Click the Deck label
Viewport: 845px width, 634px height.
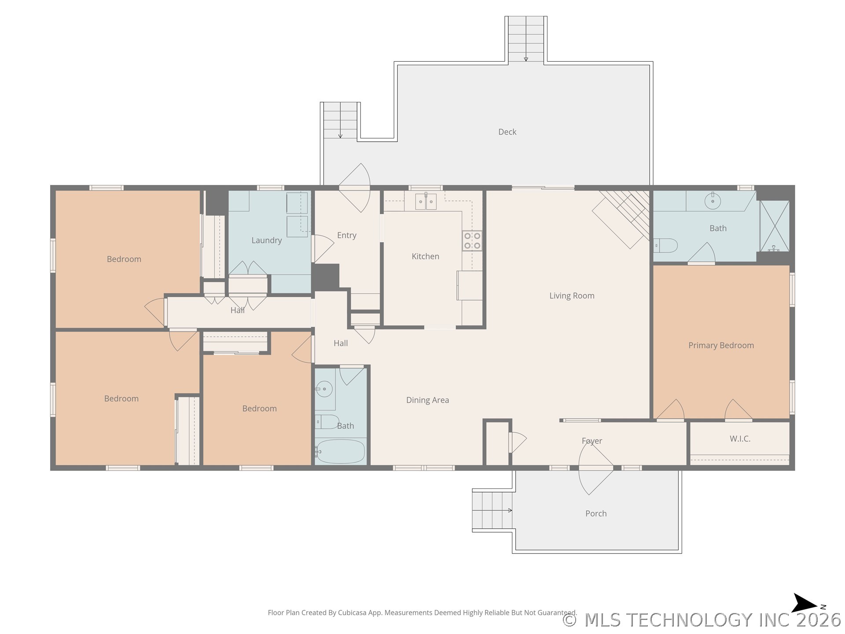pyautogui.click(x=507, y=132)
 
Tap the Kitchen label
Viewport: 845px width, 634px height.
pyautogui.click(x=425, y=256)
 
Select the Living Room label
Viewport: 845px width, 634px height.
pyautogui.click(x=572, y=296)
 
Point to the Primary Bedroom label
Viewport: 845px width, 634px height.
pyautogui.click(x=721, y=346)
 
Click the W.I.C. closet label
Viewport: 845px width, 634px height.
pyautogui.click(x=740, y=439)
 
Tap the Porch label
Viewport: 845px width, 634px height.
pyautogui.click(x=596, y=513)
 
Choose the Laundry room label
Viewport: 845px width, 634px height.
pyautogui.click(x=266, y=240)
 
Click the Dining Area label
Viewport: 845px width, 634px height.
pyautogui.click(x=427, y=400)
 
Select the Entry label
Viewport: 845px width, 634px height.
pyautogui.click(x=346, y=236)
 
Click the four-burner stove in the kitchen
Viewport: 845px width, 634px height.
pyautogui.click(x=472, y=241)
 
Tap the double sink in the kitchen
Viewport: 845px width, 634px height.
pyautogui.click(x=426, y=202)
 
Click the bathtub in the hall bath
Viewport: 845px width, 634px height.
pyautogui.click(x=341, y=451)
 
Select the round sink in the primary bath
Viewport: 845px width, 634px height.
pyautogui.click(x=713, y=201)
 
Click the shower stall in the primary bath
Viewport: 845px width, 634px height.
pyautogui.click(x=775, y=226)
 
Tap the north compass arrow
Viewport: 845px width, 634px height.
pyautogui.click(x=805, y=603)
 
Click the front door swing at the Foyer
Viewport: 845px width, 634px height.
pyautogui.click(x=595, y=467)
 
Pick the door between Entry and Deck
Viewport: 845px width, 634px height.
pyautogui.click(x=355, y=188)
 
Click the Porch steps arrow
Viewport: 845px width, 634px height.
pyautogui.click(x=492, y=510)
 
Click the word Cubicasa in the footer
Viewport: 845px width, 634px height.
pyautogui.click(x=352, y=613)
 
